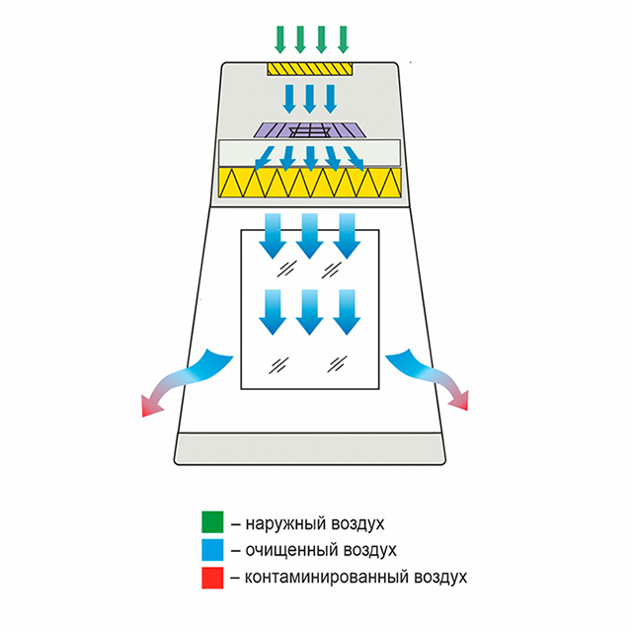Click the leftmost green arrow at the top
click(x=279, y=38)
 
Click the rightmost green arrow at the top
click(x=343, y=38)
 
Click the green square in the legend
click(x=211, y=522)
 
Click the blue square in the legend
click(x=211, y=549)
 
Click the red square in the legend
click(x=211, y=576)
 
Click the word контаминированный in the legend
click(x=319, y=576)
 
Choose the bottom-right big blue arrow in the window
click(x=345, y=311)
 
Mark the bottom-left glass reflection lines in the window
click(x=280, y=364)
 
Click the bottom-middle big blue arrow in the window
click(x=309, y=311)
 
